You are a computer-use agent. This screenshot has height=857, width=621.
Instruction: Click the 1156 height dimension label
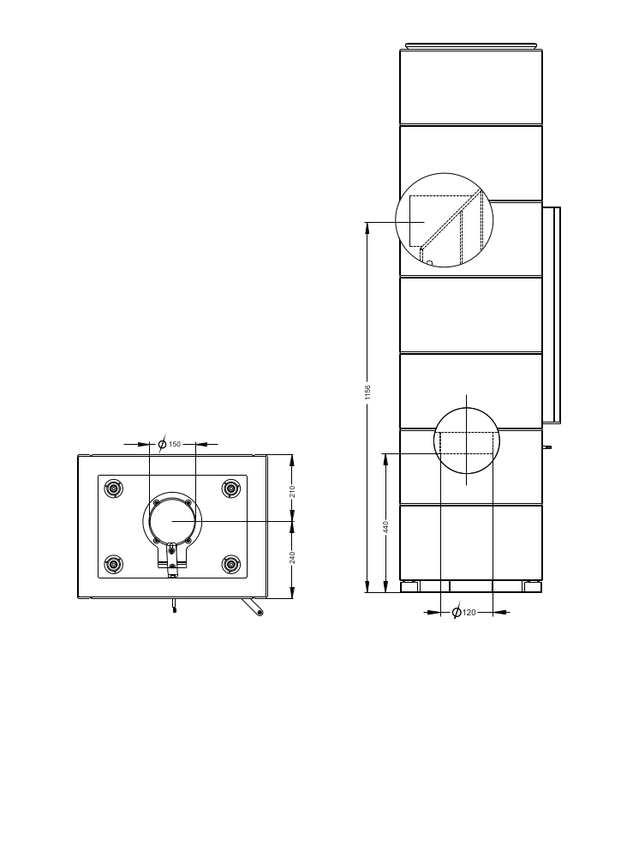[x=367, y=392]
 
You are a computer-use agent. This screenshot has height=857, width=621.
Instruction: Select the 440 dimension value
[x=385, y=527]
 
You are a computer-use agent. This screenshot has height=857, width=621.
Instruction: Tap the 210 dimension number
[x=292, y=491]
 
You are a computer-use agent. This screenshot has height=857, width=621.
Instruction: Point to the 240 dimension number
[x=292, y=558]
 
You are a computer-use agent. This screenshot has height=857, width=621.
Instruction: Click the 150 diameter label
[x=174, y=444]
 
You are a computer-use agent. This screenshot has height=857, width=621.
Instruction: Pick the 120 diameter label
[x=469, y=613]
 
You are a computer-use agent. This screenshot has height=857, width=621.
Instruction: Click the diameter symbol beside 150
[x=162, y=444]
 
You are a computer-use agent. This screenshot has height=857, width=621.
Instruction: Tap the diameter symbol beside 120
[x=457, y=612]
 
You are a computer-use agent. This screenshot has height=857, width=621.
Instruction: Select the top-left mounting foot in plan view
[x=114, y=488]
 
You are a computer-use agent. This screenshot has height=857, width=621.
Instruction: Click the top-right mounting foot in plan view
[x=231, y=488]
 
